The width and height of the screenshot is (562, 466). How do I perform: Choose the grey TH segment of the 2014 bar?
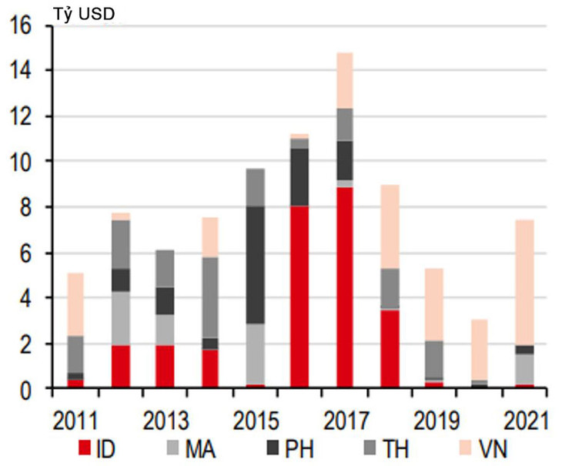[209, 297]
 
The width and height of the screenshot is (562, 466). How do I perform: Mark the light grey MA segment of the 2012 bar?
[120, 318]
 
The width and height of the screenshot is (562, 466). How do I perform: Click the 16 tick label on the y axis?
[22, 26]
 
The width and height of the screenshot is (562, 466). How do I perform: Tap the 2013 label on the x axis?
[165, 421]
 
